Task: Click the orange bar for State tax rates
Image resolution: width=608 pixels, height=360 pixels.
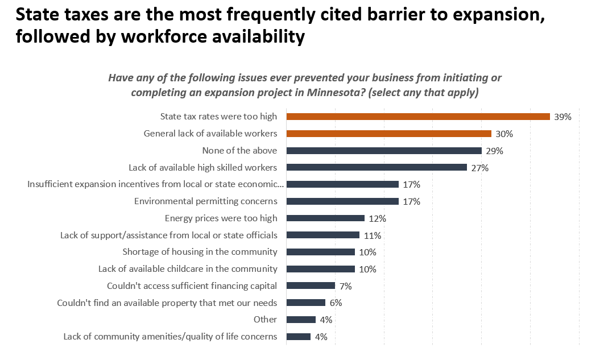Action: click(418, 117)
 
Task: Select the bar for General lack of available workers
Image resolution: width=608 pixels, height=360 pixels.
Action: click(388, 134)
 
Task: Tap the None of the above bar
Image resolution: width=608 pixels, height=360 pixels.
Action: click(384, 151)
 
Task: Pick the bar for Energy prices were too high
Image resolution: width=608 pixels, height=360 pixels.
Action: click(325, 218)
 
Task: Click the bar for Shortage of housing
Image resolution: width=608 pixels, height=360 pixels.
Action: click(320, 252)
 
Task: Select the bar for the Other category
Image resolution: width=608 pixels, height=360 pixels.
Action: click(301, 320)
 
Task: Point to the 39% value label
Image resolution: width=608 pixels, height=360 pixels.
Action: click(562, 117)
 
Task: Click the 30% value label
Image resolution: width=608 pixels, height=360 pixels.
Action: click(504, 134)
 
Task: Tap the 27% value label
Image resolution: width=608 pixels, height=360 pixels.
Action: click(479, 168)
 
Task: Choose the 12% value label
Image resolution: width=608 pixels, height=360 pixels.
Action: click(377, 218)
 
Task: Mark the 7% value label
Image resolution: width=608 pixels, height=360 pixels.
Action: click(345, 286)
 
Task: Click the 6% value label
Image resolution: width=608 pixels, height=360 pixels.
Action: click(336, 303)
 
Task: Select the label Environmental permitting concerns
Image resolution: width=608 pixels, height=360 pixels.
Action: click(205, 201)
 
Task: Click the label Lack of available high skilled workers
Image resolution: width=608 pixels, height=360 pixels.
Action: click(202, 167)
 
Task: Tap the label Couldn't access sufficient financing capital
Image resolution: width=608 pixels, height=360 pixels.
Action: click(192, 285)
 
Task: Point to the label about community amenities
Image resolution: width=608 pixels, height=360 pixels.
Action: click(170, 337)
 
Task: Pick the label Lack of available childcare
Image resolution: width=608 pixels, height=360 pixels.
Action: click(188, 268)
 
